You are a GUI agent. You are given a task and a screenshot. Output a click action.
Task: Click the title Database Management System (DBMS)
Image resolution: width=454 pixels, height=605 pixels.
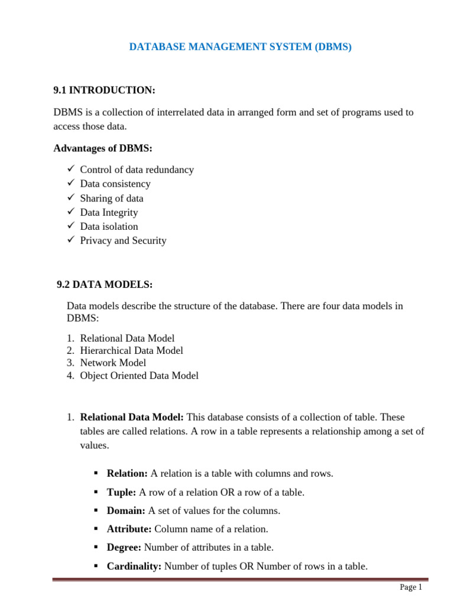[x=240, y=47]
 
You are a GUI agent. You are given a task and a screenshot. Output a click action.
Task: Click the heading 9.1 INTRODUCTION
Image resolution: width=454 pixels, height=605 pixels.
[x=104, y=90]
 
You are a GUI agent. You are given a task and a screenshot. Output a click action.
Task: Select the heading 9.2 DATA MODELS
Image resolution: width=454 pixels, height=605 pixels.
[x=105, y=285]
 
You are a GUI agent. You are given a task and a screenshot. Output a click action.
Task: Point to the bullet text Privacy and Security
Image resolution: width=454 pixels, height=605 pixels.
[x=123, y=240]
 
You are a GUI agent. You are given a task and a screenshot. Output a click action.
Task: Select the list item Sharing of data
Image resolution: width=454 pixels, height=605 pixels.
[x=111, y=198]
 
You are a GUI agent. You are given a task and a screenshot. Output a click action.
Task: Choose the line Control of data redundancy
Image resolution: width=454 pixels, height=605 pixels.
[x=137, y=170]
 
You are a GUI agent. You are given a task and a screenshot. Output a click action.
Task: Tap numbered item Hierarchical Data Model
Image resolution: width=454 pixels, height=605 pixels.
[x=131, y=350]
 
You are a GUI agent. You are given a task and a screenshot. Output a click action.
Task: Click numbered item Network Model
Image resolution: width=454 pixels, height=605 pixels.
[x=113, y=363]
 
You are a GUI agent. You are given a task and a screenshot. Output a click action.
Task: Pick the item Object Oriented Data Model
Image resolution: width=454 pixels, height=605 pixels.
[x=139, y=375]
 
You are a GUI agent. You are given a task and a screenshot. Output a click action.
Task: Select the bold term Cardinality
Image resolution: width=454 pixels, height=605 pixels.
[x=134, y=566]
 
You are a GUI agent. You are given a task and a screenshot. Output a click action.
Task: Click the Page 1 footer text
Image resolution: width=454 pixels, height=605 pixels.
[x=411, y=587]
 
